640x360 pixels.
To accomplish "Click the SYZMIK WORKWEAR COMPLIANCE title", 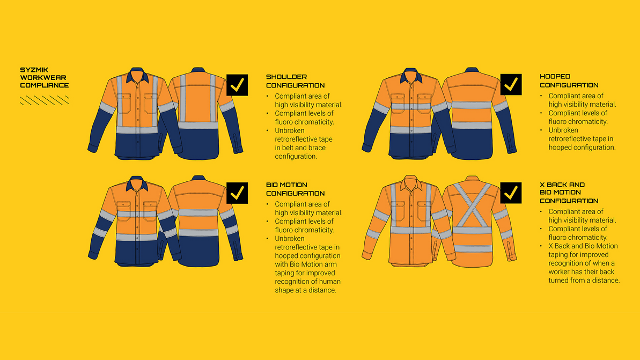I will (x=44, y=77).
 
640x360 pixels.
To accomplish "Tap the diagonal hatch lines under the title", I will (x=44, y=100).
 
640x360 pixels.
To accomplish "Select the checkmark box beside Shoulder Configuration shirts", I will (x=237, y=85).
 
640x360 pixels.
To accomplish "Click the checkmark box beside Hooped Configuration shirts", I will (x=511, y=85).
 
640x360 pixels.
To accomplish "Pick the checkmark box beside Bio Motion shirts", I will (x=237, y=193).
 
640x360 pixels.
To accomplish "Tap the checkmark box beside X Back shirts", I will (x=511, y=193).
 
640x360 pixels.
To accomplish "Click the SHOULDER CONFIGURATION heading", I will (x=295, y=81).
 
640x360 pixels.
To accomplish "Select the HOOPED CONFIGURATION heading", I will (x=569, y=81).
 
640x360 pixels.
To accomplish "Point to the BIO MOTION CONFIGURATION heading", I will (x=295, y=189).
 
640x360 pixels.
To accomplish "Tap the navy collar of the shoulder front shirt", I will (x=138, y=75).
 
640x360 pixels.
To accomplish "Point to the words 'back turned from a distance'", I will (x=584, y=276).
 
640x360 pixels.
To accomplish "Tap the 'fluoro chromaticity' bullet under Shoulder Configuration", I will (x=304, y=117).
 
